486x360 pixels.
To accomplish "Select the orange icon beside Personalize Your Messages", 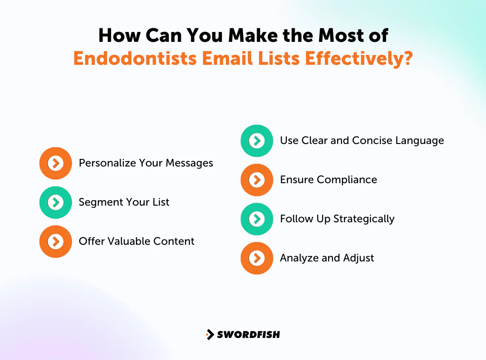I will click(x=55, y=163).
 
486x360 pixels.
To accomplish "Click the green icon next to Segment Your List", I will click(x=55, y=202).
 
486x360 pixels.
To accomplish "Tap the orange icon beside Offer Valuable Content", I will click(x=55, y=242).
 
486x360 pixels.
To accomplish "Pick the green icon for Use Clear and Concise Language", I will click(x=256, y=141).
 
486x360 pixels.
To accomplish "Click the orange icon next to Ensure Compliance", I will click(x=256, y=180).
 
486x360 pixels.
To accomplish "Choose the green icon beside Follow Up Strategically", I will click(x=256, y=219).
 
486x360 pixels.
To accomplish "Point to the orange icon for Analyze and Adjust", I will click(x=256, y=258).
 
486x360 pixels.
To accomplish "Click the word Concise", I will click(x=372, y=140).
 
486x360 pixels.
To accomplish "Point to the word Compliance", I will click(x=347, y=180).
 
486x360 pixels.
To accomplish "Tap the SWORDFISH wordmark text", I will click(x=248, y=334).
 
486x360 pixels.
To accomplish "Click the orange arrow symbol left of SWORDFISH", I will click(x=210, y=334).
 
